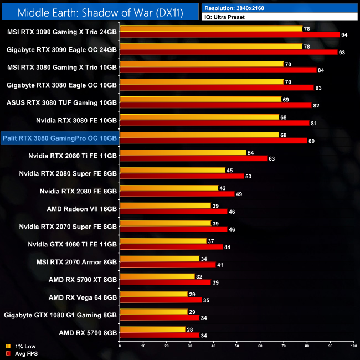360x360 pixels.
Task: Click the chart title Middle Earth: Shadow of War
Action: [100, 11]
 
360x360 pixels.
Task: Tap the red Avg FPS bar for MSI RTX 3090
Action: [229, 34]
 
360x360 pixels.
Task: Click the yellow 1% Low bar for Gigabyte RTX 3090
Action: [210, 46]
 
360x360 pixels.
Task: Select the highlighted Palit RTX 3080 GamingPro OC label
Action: [60, 138]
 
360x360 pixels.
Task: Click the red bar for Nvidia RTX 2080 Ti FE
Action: [193, 158]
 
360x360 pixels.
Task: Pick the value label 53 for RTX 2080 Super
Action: [248, 176]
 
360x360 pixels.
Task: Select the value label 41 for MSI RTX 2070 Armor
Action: [220, 265]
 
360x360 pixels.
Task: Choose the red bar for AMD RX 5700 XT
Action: [165, 282]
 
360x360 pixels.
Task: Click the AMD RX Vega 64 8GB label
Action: [83, 297]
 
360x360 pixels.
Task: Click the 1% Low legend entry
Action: [23, 347]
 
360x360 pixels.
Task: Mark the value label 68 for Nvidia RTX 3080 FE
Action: [284, 117]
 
